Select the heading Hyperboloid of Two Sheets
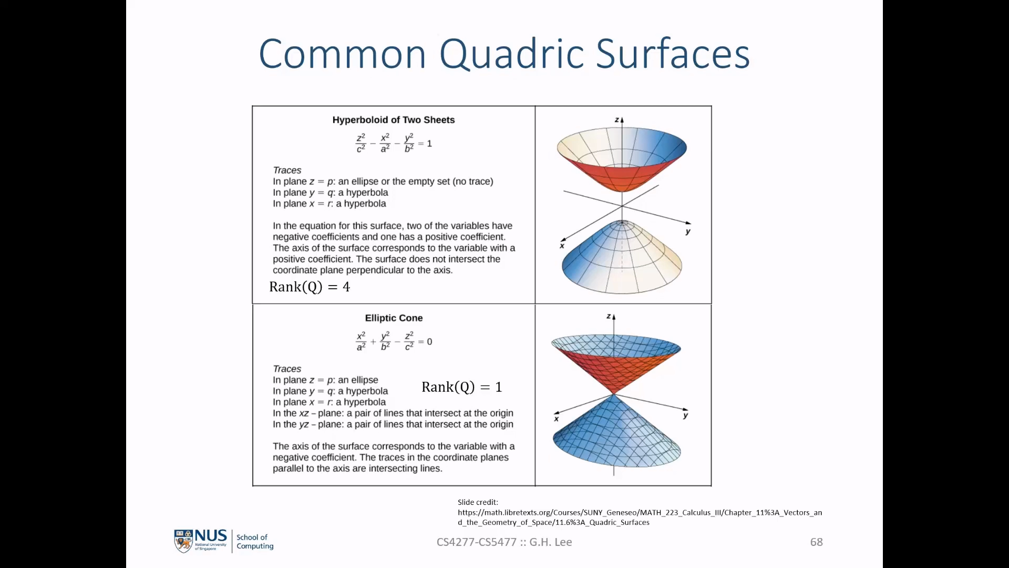394,120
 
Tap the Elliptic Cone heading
394,318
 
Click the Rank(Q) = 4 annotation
310,287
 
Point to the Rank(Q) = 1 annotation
462,387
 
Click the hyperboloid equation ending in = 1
394,143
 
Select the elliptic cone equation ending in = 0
394,341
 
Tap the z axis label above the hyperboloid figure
617,120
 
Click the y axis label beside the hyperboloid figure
688,231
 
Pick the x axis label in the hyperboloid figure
562,246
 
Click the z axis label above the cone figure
609,317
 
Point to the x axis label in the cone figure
556,419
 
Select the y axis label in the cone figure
685,415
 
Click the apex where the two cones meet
614,394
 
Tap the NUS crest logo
183,541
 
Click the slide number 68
816,542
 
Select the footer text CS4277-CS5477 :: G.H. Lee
504,542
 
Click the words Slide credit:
478,502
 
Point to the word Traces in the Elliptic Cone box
287,369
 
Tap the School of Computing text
255,542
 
